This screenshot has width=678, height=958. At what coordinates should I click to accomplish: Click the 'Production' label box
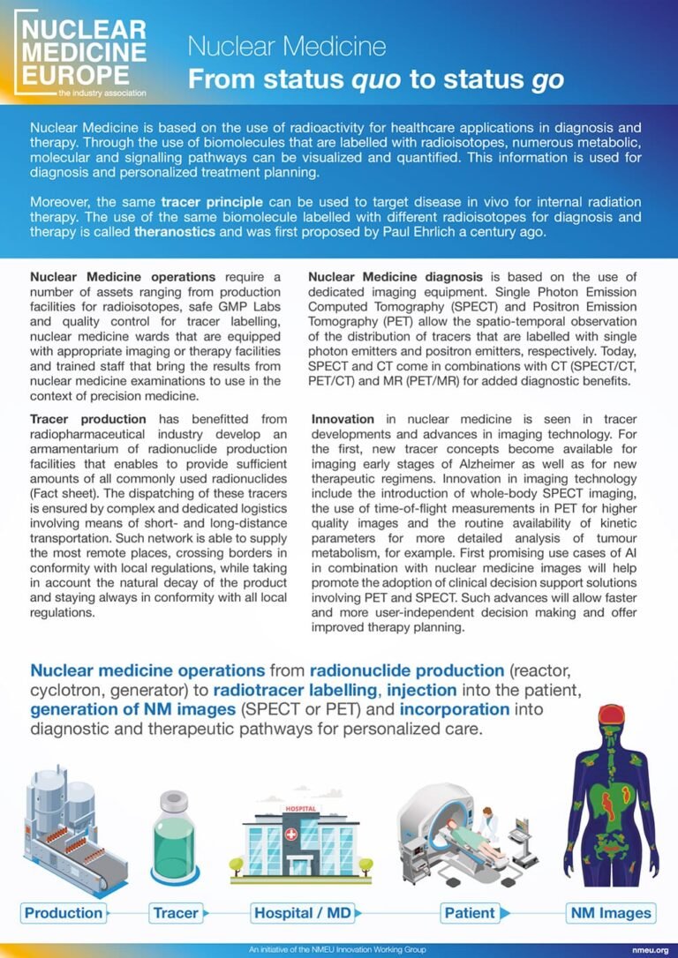64,913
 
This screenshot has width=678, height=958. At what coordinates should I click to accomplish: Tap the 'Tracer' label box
176,913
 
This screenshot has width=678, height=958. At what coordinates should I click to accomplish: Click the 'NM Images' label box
610,913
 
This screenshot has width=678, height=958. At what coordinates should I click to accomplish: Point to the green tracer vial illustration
176,838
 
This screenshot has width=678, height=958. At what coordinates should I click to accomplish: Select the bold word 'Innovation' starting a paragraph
343,419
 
